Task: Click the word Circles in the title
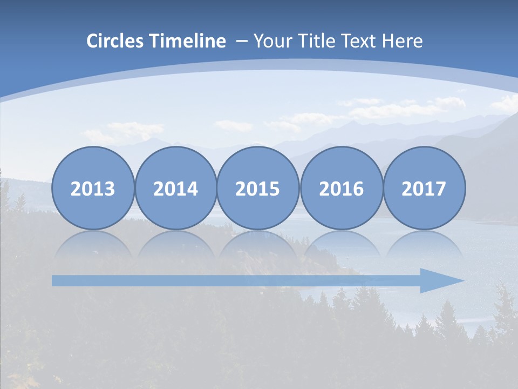click(x=116, y=41)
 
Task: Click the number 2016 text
click(x=341, y=189)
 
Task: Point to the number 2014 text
click(x=176, y=189)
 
